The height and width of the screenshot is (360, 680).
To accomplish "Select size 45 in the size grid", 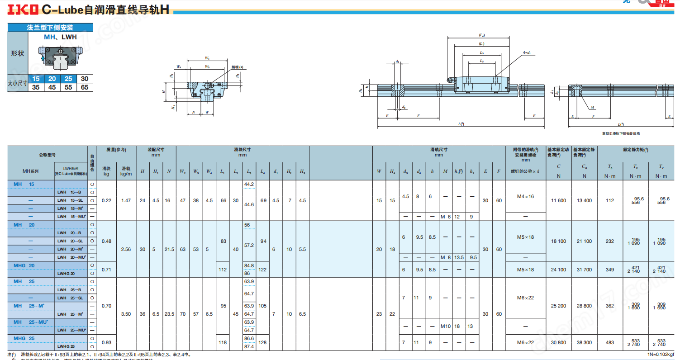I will click(52, 87).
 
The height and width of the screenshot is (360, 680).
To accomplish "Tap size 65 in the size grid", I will click(84, 87).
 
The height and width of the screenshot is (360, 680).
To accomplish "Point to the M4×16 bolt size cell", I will click(525, 197).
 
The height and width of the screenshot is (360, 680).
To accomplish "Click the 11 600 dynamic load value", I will click(558, 200).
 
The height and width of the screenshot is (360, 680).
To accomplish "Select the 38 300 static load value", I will click(584, 342).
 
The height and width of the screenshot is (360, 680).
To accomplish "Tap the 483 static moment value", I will click(610, 342).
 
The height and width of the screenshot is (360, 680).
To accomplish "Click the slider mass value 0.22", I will click(106, 200).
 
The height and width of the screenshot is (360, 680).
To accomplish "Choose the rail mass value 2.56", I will click(126, 249).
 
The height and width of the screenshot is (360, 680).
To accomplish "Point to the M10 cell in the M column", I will click(445, 326).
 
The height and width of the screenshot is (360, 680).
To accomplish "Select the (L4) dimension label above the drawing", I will click(482, 35).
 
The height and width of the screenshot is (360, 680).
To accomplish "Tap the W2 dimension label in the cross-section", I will click(207, 58).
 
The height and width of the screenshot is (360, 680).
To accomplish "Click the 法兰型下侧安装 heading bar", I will click(50, 28).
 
